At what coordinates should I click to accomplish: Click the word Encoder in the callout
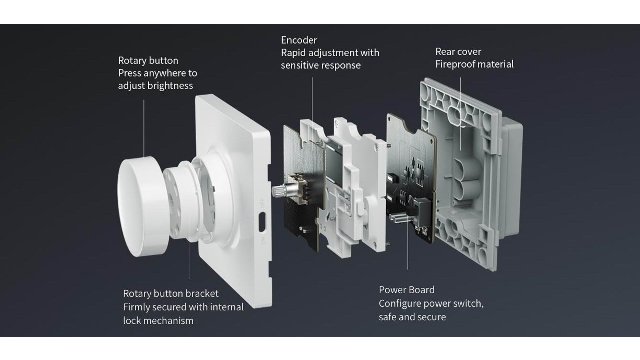click(299, 40)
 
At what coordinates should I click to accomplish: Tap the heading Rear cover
click(458, 52)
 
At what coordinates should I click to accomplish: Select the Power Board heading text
click(407, 290)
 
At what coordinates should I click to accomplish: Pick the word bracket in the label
click(202, 293)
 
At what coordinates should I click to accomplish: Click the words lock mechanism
click(158, 321)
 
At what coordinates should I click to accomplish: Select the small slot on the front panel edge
click(262, 220)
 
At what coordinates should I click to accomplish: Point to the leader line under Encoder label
click(313, 99)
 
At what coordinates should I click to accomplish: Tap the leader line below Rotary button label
click(144, 128)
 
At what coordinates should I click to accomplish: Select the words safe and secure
click(412, 317)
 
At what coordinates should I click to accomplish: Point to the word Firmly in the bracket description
click(137, 307)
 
